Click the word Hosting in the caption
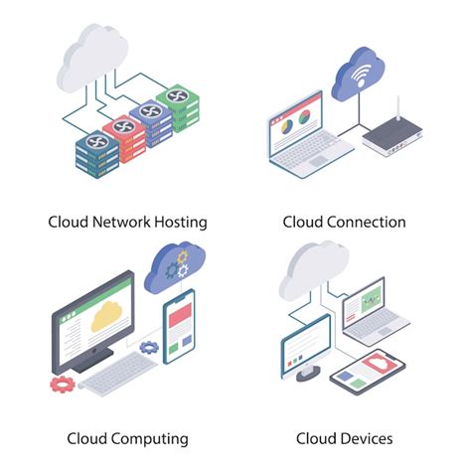[180, 222]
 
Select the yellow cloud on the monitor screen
[104, 318]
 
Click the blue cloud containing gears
[175, 266]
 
